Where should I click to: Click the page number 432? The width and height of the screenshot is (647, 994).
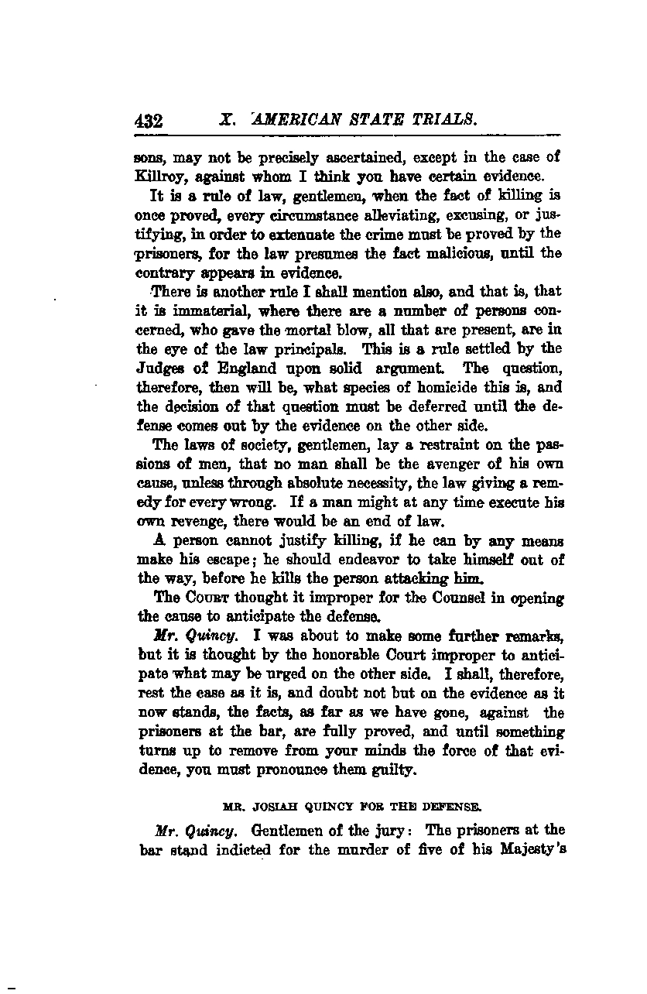(x=147, y=121)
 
